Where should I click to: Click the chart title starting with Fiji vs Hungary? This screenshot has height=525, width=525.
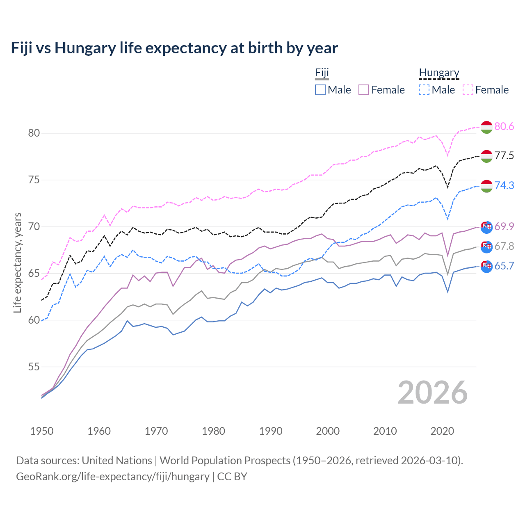coord(174,48)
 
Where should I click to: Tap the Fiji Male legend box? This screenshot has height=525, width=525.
coord(320,90)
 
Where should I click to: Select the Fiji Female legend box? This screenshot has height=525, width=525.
coord(364,90)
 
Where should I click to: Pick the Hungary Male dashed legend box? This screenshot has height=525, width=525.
coord(424,90)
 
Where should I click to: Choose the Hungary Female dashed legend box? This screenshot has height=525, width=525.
coord(468,90)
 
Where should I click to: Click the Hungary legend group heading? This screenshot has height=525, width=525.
coord(439,73)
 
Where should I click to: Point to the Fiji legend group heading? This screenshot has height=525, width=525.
coord(322,73)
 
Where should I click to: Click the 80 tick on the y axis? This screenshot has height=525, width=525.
coord(34,133)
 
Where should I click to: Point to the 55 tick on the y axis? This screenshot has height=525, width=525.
coord(34,367)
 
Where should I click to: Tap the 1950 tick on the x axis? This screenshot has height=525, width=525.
coord(42,431)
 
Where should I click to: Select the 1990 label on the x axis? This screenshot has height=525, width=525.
coord(271,431)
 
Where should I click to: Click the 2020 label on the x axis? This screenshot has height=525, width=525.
coord(442,431)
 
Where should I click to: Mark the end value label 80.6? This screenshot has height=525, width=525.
coord(504,126)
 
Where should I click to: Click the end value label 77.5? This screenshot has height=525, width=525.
coord(504,155)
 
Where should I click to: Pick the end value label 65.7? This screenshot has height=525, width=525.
coord(504,266)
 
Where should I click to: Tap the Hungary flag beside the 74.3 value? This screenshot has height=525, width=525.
coord(486,186)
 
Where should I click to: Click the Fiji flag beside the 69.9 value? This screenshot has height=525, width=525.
coord(486,227)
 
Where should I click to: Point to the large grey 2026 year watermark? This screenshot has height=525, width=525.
coord(432,393)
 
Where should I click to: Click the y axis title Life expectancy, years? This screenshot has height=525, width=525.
coord(17,262)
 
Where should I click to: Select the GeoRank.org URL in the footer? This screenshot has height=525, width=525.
coord(113,477)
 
